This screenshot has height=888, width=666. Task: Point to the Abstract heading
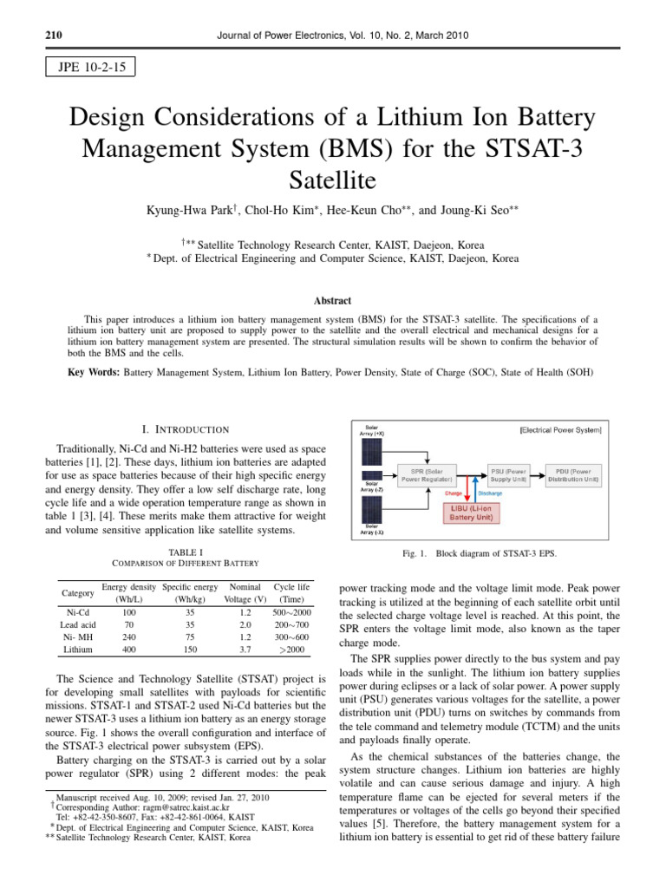333,301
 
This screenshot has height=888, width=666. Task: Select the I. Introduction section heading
186,429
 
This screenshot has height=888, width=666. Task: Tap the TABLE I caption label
186,552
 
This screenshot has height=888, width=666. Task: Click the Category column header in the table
77,593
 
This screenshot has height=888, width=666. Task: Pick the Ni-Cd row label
77,612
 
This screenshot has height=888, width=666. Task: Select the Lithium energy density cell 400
128,649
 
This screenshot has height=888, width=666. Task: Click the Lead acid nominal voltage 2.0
245,624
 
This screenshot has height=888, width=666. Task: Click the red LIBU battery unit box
471,512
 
